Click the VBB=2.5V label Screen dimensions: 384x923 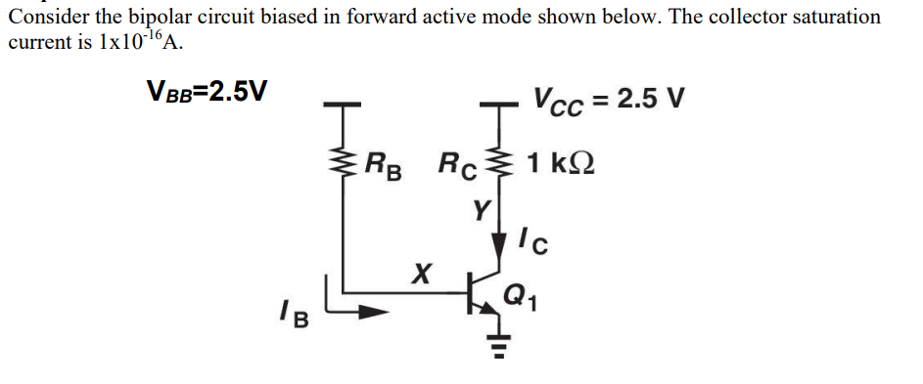coord(207,93)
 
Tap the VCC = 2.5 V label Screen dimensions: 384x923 coord(609,100)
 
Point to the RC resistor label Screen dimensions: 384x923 coord(457,162)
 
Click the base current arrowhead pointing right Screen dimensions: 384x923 coord(373,313)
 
